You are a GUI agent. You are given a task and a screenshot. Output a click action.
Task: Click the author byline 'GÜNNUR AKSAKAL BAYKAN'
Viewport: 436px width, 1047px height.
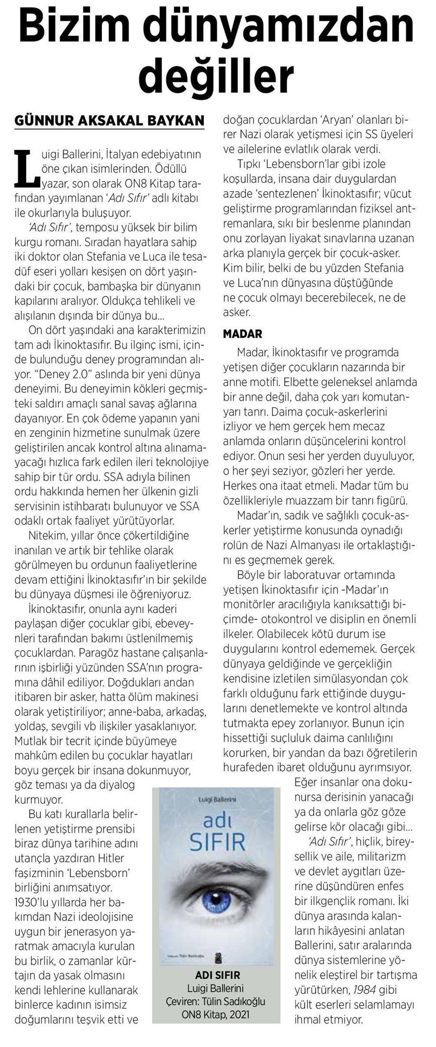tap(110, 120)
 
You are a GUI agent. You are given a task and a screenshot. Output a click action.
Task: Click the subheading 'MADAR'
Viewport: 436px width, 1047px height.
tap(242, 334)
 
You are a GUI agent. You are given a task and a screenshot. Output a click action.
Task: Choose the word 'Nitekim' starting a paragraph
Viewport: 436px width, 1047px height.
tap(48, 536)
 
